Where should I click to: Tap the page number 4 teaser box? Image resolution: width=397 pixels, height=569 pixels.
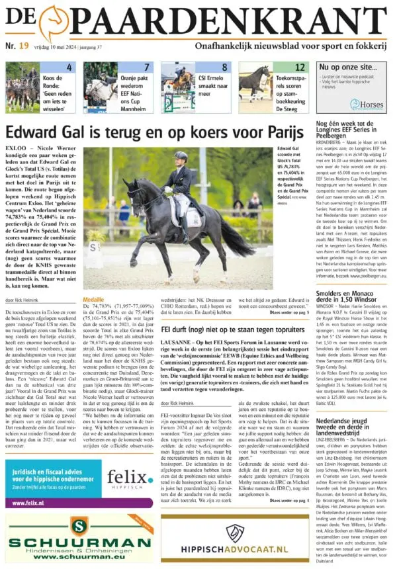tap(69, 67)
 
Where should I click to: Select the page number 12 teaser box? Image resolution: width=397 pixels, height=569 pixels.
tap(300, 67)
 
